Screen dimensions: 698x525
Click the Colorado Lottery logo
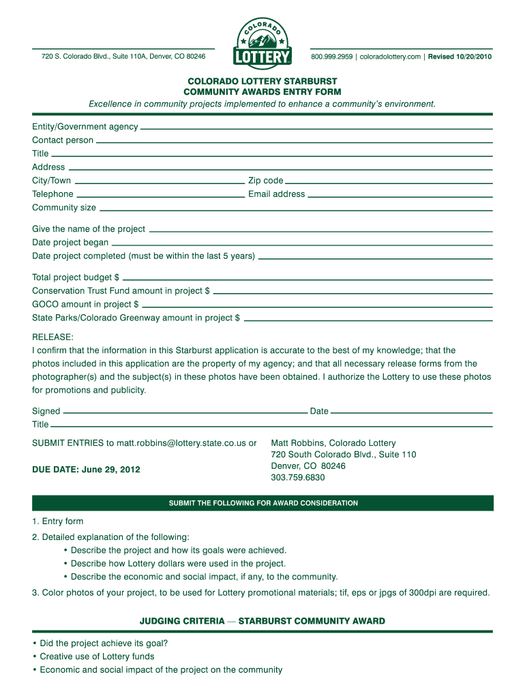(x=262, y=42)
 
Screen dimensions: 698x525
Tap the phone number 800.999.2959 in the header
(x=333, y=57)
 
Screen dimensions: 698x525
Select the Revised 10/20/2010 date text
(x=460, y=57)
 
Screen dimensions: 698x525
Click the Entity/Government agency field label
(x=85, y=127)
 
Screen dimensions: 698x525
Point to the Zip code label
(x=266, y=181)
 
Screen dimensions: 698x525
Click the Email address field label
(x=276, y=194)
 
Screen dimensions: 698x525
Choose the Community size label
(x=64, y=208)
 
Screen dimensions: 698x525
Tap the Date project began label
(x=70, y=243)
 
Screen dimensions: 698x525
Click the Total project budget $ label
(x=76, y=277)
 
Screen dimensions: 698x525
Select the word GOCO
(x=45, y=305)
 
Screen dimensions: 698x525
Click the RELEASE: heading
(x=52, y=337)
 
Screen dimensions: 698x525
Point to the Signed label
(x=46, y=411)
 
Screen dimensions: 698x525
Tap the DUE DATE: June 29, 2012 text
(x=86, y=470)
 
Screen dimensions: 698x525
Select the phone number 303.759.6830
(x=298, y=477)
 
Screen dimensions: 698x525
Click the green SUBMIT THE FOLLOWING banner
(x=262, y=503)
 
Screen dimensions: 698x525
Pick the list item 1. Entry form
(x=57, y=521)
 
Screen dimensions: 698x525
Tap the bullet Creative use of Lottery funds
(x=97, y=656)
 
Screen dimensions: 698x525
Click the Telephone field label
(x=52, y=194)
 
